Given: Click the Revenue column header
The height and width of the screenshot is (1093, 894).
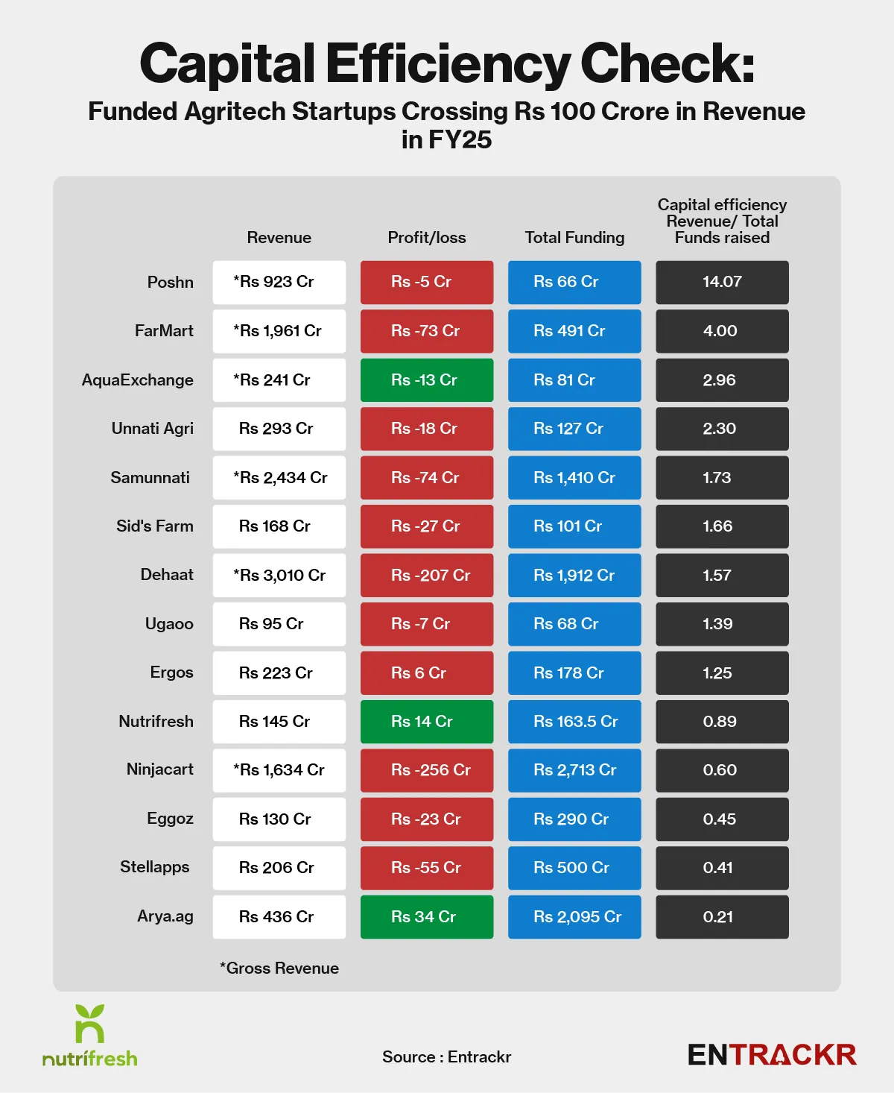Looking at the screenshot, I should coord(279,238).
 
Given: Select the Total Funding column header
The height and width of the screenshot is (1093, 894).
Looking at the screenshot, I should coord(574,238).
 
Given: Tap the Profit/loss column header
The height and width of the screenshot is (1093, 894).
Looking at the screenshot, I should coord(427,238).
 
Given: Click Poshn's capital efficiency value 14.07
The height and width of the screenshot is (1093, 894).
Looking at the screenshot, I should coord(722,282).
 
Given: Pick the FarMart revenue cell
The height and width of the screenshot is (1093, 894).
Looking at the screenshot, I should coord(279,331).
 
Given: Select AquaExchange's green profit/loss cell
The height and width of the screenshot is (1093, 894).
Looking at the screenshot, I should coord(427,380).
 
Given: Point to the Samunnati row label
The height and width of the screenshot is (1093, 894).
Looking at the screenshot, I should coord(150,478).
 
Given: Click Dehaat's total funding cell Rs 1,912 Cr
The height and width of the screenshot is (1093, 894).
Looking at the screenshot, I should coord(574,576).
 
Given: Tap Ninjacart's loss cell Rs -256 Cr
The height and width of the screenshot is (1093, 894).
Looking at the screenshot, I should coord(427,770).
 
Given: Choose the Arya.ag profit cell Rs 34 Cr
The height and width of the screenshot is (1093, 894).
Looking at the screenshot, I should coord(427,917).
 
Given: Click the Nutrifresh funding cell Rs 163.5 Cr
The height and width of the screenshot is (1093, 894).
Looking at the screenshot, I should coord(574,722).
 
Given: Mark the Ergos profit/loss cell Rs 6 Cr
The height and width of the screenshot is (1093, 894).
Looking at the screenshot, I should coord(427,673).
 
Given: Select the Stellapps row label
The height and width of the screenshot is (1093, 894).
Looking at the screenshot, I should coord(155,867).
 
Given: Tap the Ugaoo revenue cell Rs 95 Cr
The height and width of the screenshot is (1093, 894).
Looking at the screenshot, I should coord(279,624).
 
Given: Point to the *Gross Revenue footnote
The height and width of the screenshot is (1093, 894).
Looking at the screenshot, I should coord(279,968).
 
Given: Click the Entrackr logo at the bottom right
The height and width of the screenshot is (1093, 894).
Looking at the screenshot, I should coord(772,1055).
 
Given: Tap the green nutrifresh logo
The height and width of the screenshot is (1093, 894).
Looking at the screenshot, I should coord(90,1036).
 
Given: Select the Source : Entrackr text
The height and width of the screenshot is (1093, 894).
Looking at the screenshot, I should coord(447,1057).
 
